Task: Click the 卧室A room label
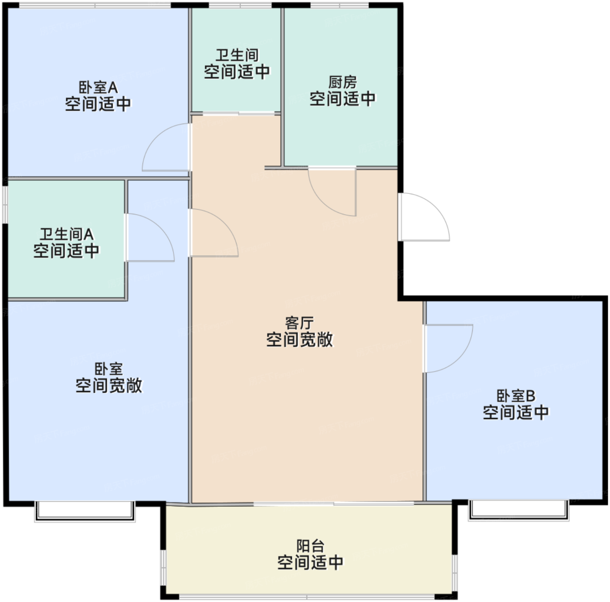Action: tap(98, 88)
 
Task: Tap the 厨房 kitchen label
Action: tap(342, 82)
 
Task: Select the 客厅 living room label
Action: tap(299, 323)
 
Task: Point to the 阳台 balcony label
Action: tap(311, 546)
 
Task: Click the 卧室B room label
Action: tap(515, 396)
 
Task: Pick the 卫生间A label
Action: tap(67, 234)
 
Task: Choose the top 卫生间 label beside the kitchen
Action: tap(237, 55)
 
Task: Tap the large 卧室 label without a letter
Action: tap(108, 369)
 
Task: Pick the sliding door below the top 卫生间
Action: tap(239, 113)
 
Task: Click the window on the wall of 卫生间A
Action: tap(5, 205)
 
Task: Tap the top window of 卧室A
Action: tap(95, 5)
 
